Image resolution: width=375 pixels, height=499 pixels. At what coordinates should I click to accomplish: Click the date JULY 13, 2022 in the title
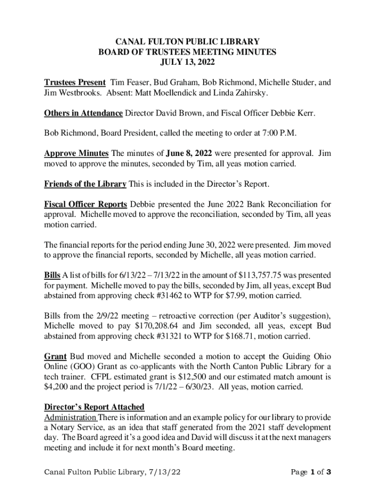187,62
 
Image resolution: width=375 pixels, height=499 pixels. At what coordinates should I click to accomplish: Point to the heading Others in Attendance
83,114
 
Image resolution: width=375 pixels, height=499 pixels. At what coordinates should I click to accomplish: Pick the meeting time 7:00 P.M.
278,134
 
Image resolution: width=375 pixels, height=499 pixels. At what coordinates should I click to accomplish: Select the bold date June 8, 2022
190,154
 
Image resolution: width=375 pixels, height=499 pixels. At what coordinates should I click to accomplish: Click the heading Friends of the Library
85,184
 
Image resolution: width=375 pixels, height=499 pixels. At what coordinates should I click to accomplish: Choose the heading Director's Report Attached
94,407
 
